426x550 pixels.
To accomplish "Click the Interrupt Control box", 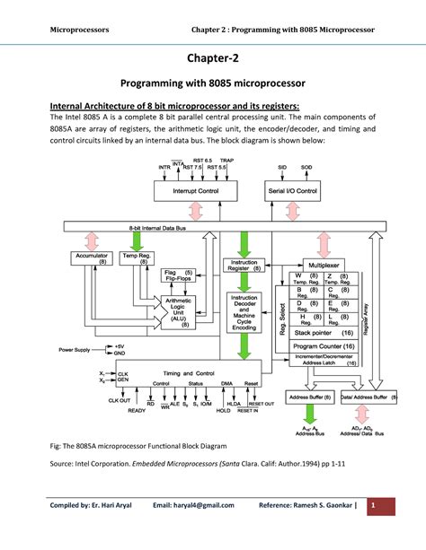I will [194, 191].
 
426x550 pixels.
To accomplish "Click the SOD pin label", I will [306, 167].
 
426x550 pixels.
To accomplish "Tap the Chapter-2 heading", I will [212, 58].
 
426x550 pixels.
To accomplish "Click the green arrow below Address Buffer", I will [309, 414].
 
